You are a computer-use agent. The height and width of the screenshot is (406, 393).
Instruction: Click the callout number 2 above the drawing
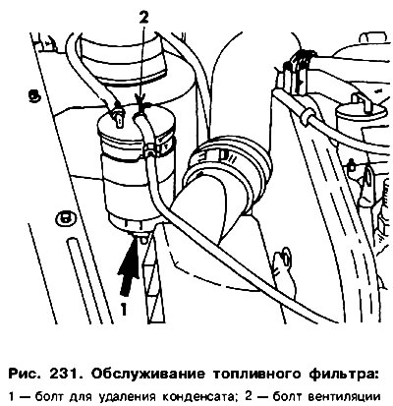[143, 18]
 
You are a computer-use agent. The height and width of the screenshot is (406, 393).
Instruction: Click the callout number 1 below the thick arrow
[124, 309]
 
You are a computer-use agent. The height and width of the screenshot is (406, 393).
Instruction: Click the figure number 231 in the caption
[64, 374]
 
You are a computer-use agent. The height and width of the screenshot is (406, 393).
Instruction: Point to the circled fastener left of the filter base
[65, 218]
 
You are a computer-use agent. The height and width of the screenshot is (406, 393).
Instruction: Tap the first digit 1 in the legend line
[12, 397]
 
